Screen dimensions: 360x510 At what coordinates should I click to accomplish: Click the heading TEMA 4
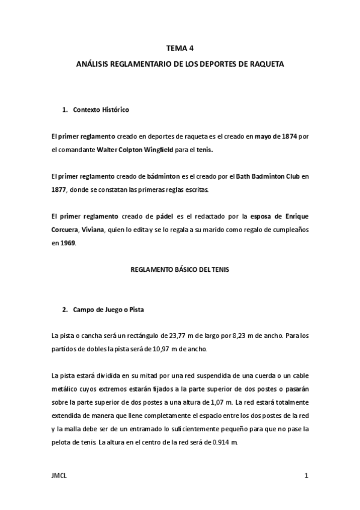[x=180, y=50]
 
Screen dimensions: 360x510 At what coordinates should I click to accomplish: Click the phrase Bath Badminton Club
[x=261, y=176]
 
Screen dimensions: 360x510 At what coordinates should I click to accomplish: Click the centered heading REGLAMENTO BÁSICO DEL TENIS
[x=180, y=270]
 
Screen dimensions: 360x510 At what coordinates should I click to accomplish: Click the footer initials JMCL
[x=59, y=476]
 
